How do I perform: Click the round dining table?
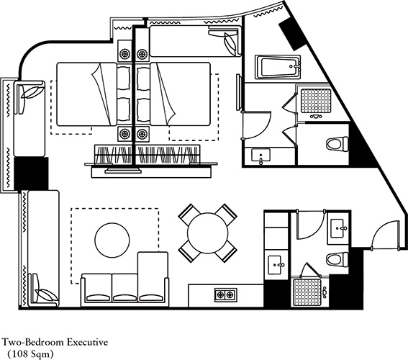coord(207,233)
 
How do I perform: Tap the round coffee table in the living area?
coord(112,240)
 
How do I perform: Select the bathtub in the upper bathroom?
coord(278,67)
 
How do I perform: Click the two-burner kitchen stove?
coord(226,295)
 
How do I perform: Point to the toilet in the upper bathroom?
coord(337,144)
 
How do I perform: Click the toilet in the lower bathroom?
coord(337,259)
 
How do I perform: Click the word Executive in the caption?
coord(88,342)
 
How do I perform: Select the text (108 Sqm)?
coord(30,354)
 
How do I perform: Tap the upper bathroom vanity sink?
coord(260,155)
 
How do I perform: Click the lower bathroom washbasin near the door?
coord(337,228)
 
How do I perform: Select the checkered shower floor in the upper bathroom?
coord(316,101)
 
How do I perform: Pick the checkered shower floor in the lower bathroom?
coord(307,292)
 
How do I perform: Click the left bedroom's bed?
coord(87,94)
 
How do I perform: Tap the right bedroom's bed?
coord(180,94)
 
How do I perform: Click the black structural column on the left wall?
coord(31,174)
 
